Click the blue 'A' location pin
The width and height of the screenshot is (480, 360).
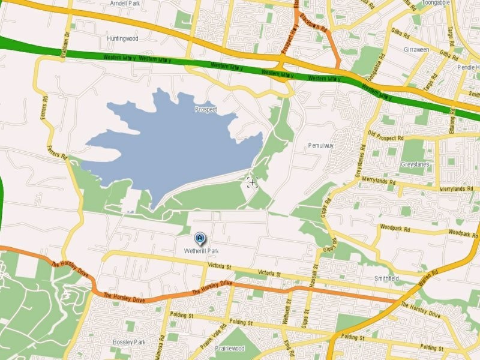[199, 239]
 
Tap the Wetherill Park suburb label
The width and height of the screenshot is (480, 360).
[200, 251]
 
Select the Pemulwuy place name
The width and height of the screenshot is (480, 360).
[320, 145]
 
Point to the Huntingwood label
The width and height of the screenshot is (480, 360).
[122, 38]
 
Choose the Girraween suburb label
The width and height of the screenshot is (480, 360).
[416, 49]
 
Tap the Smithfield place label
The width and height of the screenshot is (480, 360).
[386, 279]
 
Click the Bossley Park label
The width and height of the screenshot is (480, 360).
[129, 342]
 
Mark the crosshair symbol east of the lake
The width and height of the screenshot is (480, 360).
[251, 181]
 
